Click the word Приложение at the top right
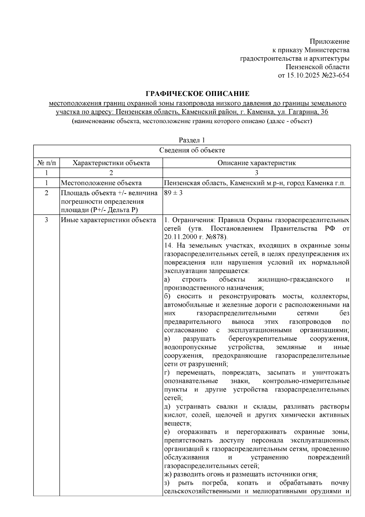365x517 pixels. coord(330,41)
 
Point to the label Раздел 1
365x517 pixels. coord(192,140)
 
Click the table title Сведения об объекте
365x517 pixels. coord(192,150)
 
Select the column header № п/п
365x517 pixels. coord(47,163)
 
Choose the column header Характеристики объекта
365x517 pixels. coord(111,163)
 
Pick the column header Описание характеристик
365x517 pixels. coord(256,163)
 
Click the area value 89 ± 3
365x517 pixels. coord(173,193)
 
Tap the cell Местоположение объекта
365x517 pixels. coord(101,183)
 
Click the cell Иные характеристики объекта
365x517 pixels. coord(109,220)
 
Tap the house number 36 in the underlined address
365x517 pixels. coord(325,112)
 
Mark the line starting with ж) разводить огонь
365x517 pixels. coord(241,474)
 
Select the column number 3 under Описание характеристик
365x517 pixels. coord(256,173)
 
